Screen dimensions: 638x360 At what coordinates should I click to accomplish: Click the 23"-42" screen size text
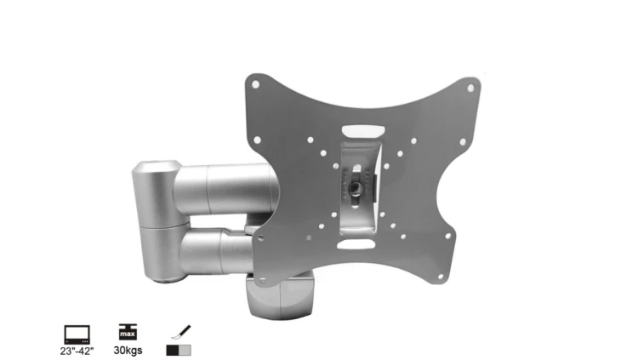(x=77, y=351)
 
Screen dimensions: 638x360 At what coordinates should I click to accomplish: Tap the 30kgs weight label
(x=128, y=351)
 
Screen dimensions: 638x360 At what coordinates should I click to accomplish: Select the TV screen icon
(x=77, y=334)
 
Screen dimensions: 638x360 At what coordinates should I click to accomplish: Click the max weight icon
(x=128, y=332)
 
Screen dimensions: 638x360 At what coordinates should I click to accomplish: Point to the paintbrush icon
(x=181, y=332)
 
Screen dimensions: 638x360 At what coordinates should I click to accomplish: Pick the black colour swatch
(x=173, y=351)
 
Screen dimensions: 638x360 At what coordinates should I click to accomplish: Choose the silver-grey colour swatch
(x=185, y=351)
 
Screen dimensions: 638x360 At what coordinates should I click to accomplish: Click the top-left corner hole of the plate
(x=255, y=84)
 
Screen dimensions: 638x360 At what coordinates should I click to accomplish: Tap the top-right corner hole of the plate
(x=470, y=88)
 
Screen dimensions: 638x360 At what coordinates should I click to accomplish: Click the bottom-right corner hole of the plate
(x=441, y=277)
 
